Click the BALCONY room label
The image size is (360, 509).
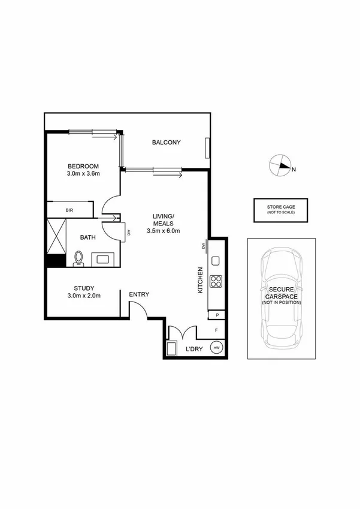click(166, 142)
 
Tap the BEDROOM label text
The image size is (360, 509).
click(83, 166)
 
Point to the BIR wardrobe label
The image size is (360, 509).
click(69, 210)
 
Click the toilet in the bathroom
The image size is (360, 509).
click(78, 258)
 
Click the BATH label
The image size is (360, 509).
click(88, 237)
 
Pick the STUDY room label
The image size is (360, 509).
click(84, 288)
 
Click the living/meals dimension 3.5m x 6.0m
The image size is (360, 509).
click(164, 231)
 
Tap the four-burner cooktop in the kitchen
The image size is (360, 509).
click(216, 282)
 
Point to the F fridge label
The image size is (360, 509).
click(216, 330)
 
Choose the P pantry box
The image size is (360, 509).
click(216, 315)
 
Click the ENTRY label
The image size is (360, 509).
click(139, 294)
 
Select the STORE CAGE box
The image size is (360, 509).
click(281, 209)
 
